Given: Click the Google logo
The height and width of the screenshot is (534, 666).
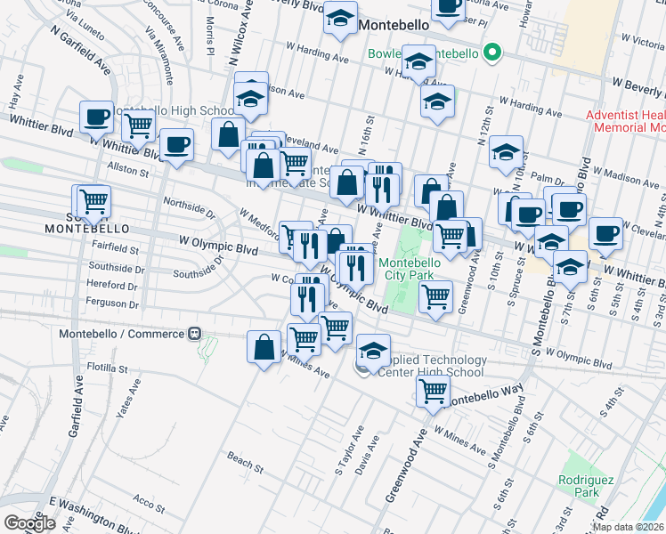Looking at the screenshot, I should pyautogui.click(x=29, y=523).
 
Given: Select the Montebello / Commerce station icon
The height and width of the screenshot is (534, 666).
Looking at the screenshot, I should pyautogui.click(x=193, y=334).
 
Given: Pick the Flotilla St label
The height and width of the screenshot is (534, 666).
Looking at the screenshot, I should pyautogui.click(x=107, y=368).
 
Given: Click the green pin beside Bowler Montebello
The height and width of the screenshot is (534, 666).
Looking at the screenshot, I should pyautogui.click(x=489, y=53).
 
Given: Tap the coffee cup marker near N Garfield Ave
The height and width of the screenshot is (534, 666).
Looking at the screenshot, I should pyautogui.click(x=96, y=117).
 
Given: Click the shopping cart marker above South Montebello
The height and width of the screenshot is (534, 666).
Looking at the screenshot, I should pyautogui.click(x=93, y=202).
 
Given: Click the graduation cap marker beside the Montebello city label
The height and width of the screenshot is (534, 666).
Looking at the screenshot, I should pyautogui.click(x=339, y=20).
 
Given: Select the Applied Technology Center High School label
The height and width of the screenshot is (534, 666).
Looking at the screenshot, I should pyautogui.click(x=432, y=367).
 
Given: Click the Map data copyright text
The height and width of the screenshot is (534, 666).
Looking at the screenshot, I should pyautogui.click(x=629, y=527).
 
